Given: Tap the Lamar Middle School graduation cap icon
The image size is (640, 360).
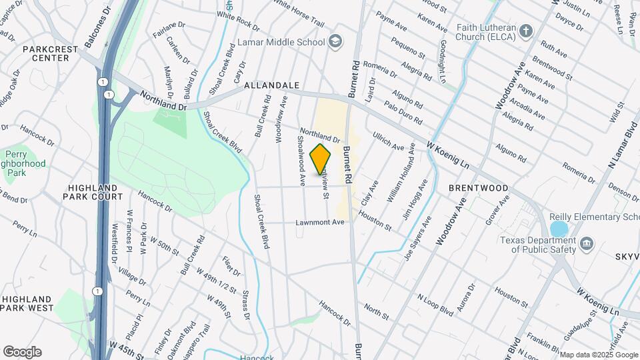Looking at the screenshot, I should [x=335, y=41].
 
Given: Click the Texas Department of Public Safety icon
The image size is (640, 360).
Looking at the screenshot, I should [x=586, y=244].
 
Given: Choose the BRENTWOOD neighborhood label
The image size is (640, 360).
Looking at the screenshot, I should [x=478, y=189].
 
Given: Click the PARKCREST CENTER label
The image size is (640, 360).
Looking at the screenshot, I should [x=46, y=53].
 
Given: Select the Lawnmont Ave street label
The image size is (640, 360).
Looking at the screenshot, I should [x=320, y=222].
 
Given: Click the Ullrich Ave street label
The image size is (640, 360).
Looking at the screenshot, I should [x=388, y=141].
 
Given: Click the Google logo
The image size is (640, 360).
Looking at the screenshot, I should [x=21, y=352].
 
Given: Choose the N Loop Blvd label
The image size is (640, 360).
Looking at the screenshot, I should [x=435, y=306].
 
